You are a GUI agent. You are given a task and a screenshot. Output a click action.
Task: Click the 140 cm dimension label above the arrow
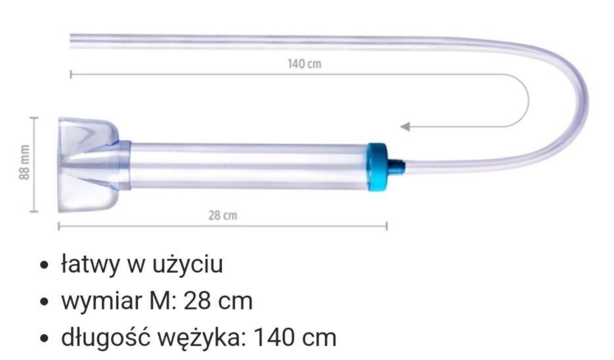[304, 64]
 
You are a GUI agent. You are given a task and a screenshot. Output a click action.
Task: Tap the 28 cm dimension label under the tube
[223, 215]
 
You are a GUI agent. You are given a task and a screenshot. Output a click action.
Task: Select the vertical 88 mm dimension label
[24, 164]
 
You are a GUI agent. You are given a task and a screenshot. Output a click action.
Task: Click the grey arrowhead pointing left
[405, 126]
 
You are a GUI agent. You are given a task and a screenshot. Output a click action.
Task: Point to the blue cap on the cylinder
[377, 167]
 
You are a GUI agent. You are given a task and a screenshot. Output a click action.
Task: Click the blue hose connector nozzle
[396, 167]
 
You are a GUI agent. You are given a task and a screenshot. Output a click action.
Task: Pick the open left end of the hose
[72, 41]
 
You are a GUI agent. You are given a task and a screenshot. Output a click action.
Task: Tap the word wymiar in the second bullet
[98, 302]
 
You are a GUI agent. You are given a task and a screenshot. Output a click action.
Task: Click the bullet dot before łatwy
[45, 267]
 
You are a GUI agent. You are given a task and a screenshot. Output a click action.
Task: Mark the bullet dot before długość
[45, 340]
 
